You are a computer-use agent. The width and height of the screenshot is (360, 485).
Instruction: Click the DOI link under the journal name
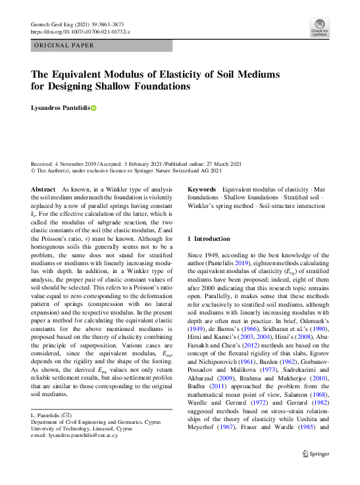[x=80, y=32]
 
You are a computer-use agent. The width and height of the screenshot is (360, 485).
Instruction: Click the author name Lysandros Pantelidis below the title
[x=60, y=108]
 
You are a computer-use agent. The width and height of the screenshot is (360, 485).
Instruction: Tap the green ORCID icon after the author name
[x=93, y=108]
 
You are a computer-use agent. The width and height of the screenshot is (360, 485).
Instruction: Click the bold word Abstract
[x=43, y=189]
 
